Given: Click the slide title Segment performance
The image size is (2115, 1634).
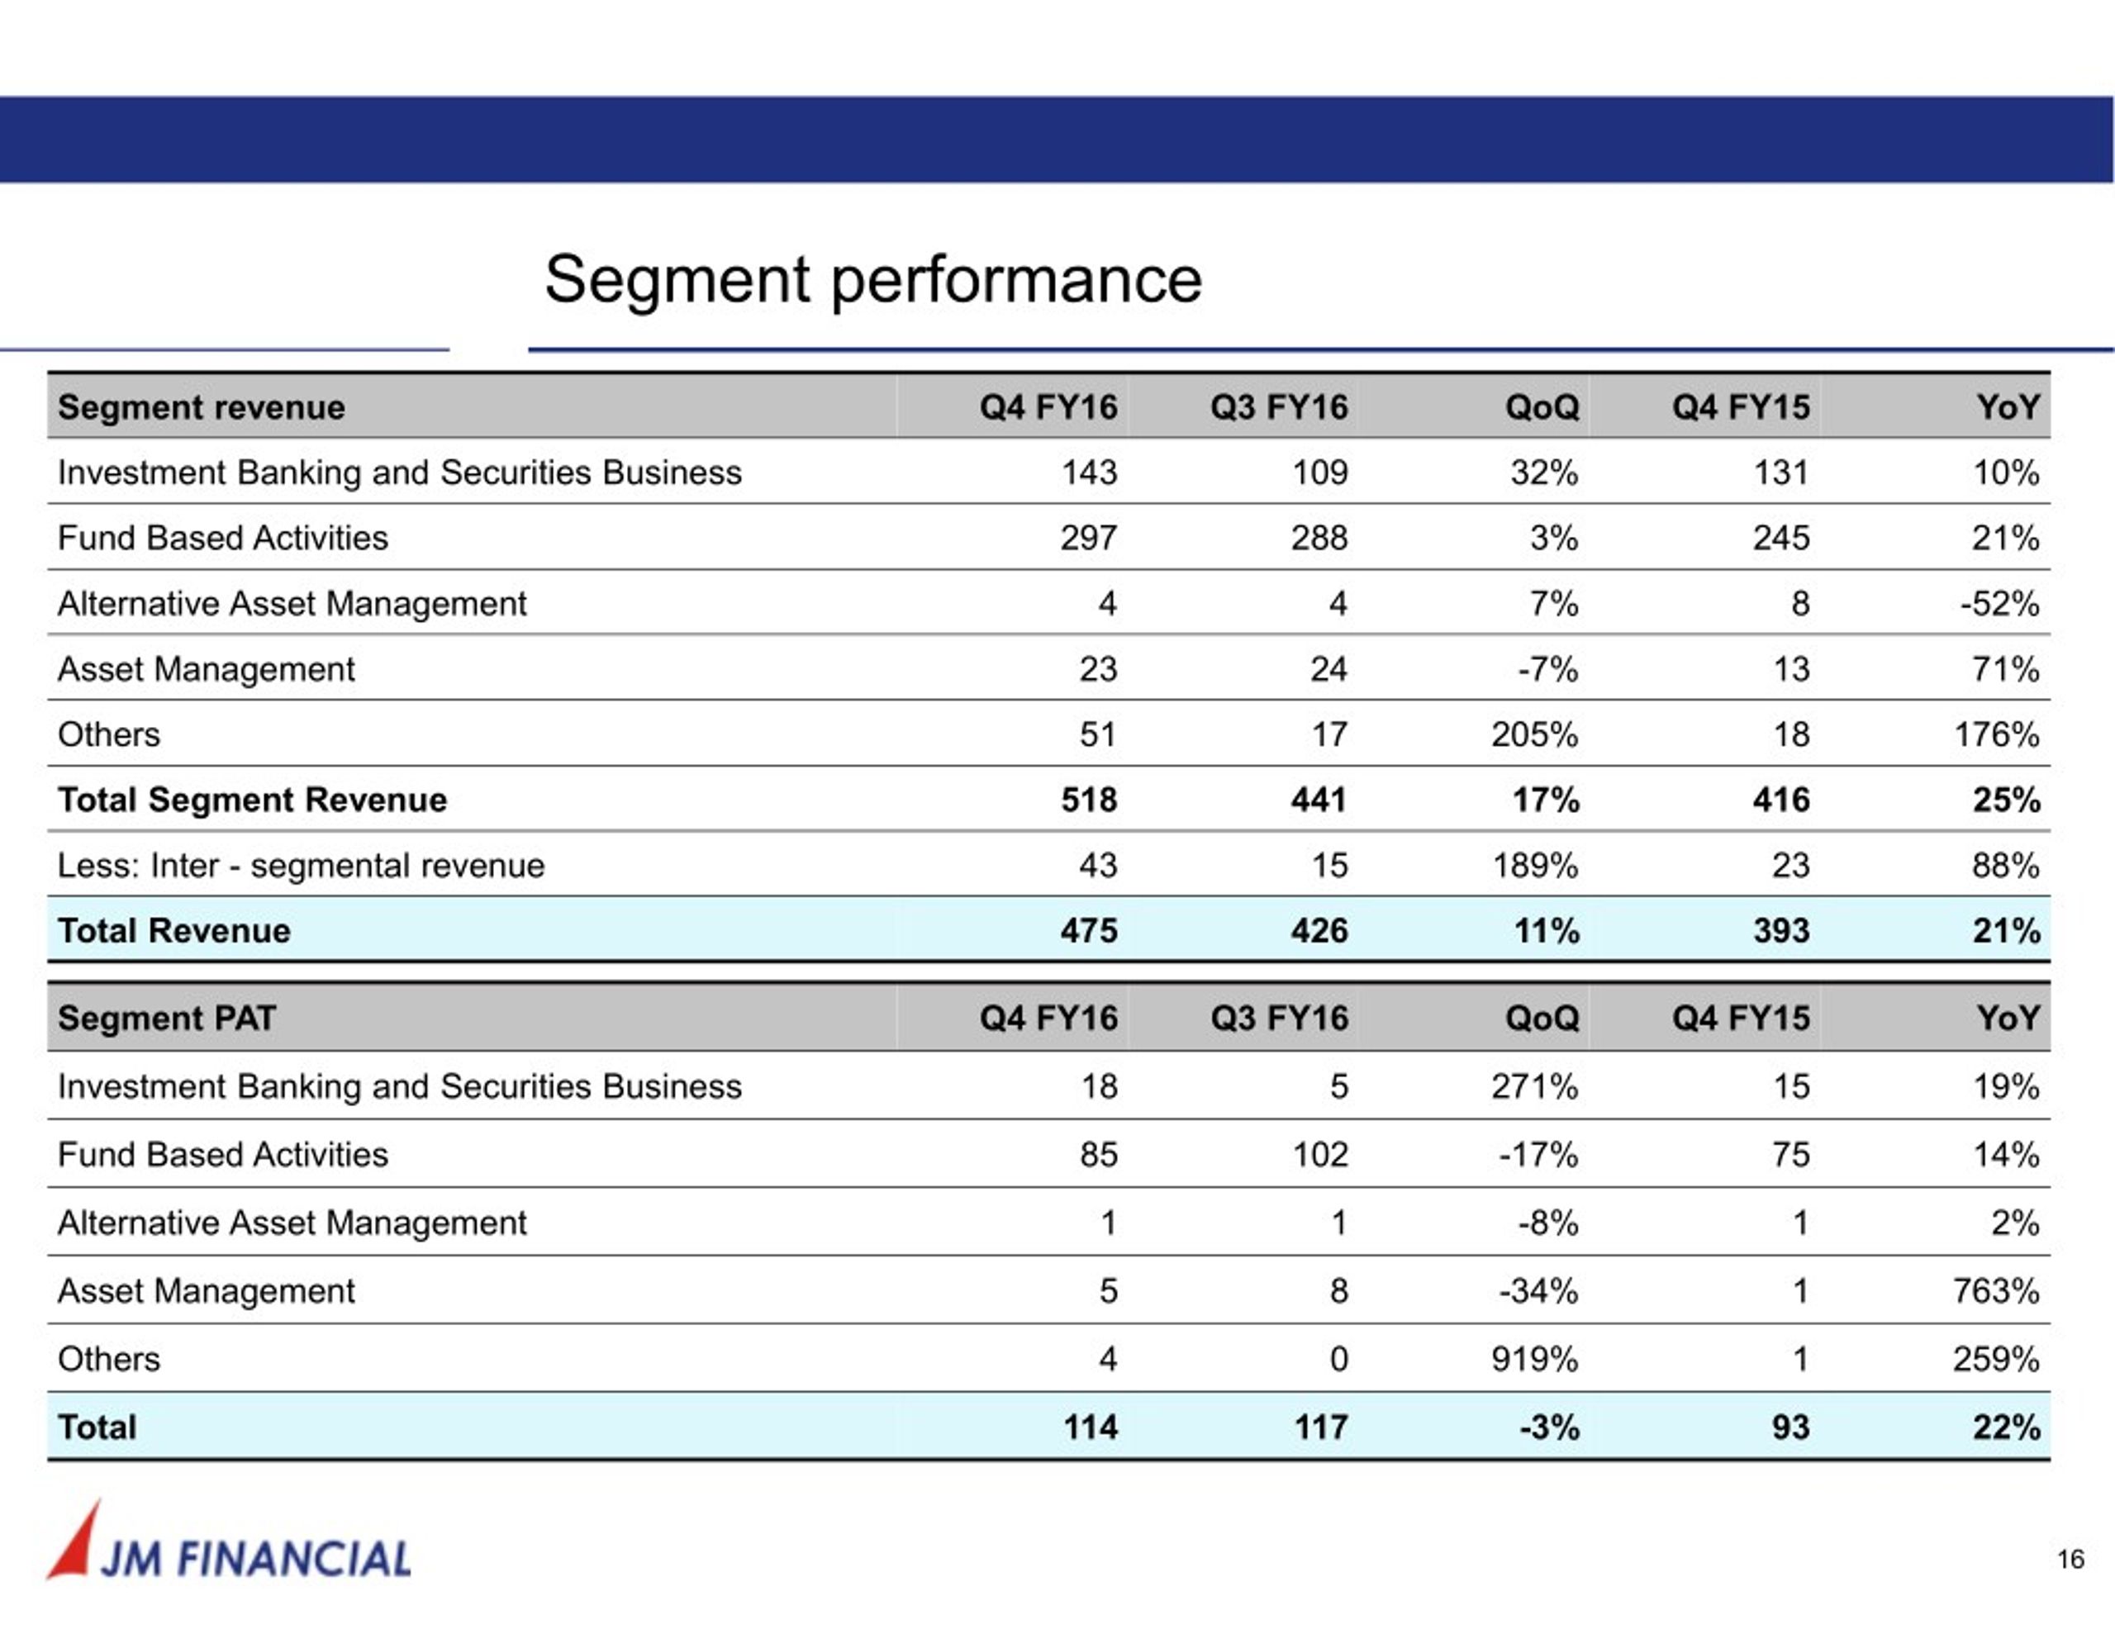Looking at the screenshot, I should pos(872,280).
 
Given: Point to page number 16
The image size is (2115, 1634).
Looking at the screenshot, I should pos(2070,1560).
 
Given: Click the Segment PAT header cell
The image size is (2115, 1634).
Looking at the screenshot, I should pos(167,1019).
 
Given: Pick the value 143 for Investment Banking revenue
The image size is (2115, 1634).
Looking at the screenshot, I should pos(1089,473).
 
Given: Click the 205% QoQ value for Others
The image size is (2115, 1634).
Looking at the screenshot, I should pos(1534,735).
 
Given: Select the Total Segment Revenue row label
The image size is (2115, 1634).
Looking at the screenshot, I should pos(252,800).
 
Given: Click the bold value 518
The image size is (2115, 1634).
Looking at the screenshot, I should pos(1089,800).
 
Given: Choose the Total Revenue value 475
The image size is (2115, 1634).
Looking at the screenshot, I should pos(1089,931).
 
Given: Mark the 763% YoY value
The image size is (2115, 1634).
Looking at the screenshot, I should pos(1996,1291).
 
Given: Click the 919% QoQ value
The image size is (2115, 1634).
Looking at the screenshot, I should pos(1534,1360).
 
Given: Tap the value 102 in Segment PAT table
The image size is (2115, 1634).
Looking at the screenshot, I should pos(1320,1155).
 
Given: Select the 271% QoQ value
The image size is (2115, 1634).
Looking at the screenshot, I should pos(1534,1087).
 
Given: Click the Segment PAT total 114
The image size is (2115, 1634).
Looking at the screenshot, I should pos(1091,1427).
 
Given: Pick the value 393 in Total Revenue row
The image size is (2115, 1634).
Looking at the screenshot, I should pos(1781,931).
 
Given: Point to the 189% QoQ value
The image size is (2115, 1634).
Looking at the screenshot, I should pos(1534,866).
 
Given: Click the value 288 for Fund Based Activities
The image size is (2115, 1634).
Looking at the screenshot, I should pos(1319,539).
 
